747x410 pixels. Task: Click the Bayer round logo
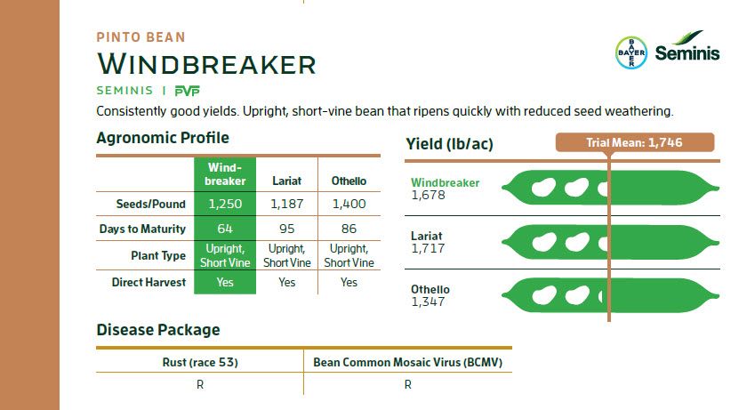631,52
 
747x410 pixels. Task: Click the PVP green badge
188,91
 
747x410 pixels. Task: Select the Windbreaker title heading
206,64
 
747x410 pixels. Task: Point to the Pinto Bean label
141,37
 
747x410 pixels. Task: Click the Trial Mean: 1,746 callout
635,142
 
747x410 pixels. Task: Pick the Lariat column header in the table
286,181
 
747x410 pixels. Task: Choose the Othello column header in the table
349,181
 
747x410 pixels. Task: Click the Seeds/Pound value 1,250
225,204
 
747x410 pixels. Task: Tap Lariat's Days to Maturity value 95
286,229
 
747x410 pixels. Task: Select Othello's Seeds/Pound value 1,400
349,204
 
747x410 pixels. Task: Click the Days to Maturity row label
142,229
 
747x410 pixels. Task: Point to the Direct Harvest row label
149,283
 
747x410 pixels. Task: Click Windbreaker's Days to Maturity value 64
225,229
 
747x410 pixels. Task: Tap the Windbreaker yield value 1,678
428,195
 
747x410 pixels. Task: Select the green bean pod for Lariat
610,243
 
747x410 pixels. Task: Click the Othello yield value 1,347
428,301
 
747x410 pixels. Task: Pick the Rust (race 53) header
200,362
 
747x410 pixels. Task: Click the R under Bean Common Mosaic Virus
408,385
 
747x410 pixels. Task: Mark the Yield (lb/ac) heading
449,144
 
